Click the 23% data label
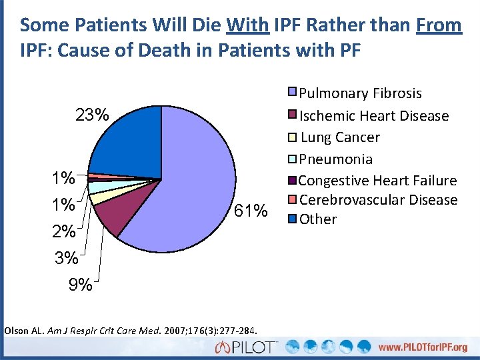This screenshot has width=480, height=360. coord(92,115)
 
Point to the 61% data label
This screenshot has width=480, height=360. coord(251,212)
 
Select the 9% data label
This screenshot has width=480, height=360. coord(81,285)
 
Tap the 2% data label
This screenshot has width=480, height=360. coord(64,232)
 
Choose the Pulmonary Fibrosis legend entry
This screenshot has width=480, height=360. coord(360,93)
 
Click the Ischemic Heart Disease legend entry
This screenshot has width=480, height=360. coord(373,116)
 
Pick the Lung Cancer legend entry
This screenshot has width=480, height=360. coord(340,137)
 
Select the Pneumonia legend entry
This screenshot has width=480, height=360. coord(336,159)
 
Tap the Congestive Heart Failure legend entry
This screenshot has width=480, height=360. coord(377,181)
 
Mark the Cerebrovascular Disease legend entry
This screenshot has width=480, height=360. coord(378,200)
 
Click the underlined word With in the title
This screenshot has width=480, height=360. coord(247,25)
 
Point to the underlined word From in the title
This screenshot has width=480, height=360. coord(438,25)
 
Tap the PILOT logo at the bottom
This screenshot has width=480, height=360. coord(247,347)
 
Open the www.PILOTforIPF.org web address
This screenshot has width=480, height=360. coord(423,347)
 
